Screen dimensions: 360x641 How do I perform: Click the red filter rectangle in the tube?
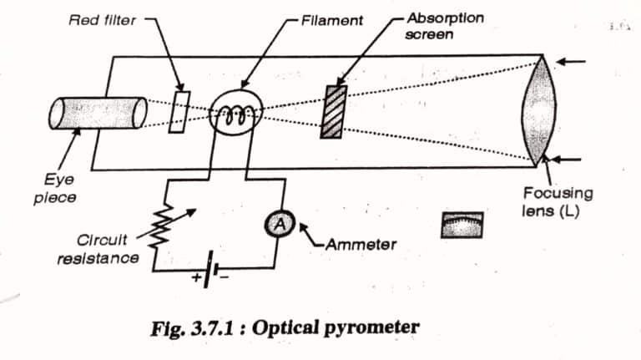pyautogui.click(x=178, y=109)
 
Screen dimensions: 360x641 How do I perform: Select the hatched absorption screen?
pyautogui.click(x=334, y=109)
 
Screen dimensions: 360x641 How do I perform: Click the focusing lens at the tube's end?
pyautogui.click(x=534, y=109)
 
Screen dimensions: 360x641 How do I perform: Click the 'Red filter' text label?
pyautogui.click(x=101, y=19)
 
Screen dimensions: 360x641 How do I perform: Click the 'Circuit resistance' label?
pyautogui.click(x=98, y=248)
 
